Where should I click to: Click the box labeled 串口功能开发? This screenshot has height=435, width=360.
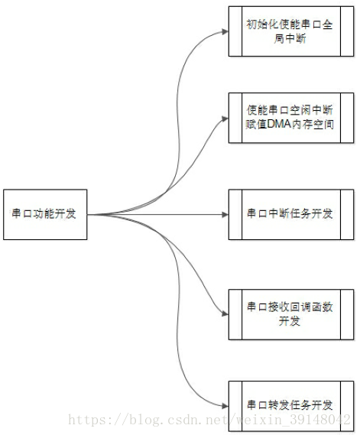click(45, 215)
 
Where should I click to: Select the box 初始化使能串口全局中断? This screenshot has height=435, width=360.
click(291, 31)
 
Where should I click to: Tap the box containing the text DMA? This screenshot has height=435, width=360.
click(291, 118)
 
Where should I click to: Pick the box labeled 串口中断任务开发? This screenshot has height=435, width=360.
click(291, 215)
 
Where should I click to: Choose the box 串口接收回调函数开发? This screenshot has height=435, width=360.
click(291, 314)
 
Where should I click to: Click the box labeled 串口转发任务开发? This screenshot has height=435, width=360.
click(291, 406)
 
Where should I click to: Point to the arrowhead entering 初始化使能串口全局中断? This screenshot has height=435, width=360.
click(225, 31)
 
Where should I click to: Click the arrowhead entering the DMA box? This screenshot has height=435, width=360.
click(225, 118)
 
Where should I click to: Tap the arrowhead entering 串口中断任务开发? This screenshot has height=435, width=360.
click(225, 215)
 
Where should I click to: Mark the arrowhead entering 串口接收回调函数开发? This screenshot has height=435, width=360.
click(225, 313)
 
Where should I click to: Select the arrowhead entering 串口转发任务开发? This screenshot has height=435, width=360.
click(225, 406)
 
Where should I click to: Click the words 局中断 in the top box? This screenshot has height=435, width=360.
click(290, 38)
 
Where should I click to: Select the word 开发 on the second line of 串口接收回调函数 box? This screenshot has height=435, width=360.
click(290, 321)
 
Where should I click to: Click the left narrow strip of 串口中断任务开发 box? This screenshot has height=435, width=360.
click(235, 215)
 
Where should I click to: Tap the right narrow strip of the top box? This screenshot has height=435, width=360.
click(347, 31)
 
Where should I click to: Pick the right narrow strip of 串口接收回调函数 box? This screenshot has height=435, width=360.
click(347, 314)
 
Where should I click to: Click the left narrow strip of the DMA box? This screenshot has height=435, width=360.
click(235, 118)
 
